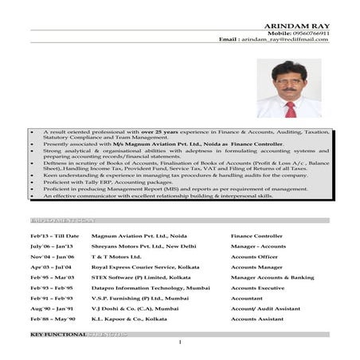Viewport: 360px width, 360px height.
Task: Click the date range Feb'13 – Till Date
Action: pos(55,236)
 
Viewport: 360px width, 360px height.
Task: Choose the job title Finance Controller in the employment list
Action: pos(256,236)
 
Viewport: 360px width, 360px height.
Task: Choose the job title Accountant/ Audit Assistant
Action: pos(265,308)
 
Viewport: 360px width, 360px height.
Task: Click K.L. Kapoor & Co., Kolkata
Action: pos(130,319)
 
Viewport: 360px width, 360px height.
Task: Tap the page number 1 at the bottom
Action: pos(181,342)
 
